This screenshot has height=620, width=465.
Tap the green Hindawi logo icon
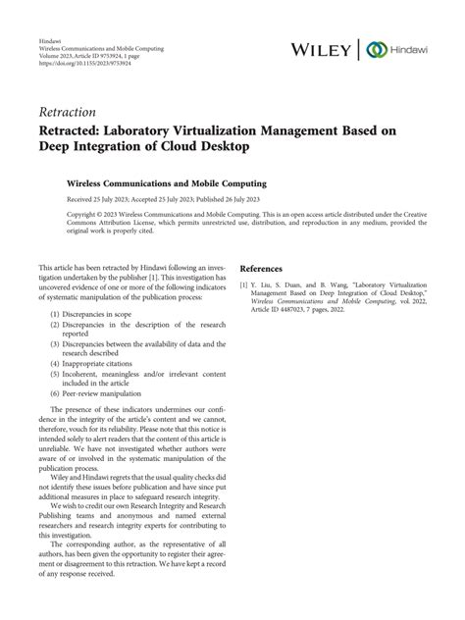point(373,49)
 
